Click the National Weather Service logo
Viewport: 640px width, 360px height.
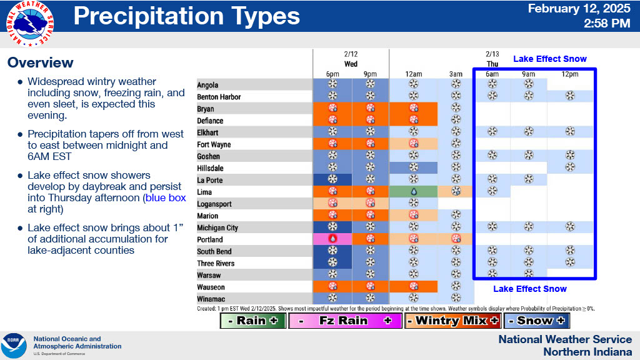click(x=29, y=23)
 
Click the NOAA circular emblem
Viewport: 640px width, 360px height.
click(x=14, y=346)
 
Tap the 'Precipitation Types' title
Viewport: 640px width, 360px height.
click(x=187, y=16)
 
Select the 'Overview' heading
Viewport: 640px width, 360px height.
click(x=41, y=62)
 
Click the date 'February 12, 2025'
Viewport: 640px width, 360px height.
click(x=579, y=9)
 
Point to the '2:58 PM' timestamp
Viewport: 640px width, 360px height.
click(x=607, y=24)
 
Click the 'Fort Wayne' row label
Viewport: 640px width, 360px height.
click(x=214, y=144)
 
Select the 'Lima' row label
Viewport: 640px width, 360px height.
click(x=204, y=192)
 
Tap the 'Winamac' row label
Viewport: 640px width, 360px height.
click(x=211, y=299)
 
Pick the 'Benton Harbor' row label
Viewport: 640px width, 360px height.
click(x=219, y=97)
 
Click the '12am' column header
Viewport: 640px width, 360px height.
click(x=412, y=74)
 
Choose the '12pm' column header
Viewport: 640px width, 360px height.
click(x=569, y=74)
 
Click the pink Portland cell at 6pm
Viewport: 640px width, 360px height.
click(x=332, y=239)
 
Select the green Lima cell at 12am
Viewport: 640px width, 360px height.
click(x=413, y=192)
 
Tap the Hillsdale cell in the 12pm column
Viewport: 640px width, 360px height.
click(x=569, y=168)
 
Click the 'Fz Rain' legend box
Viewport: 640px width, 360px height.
click(x=344, y=321)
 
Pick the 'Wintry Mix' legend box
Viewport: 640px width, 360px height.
click(x=452, y=321)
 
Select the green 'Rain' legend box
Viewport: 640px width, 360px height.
click(x=253, y=321)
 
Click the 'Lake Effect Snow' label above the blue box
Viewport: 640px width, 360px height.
click(x=550, y=59)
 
